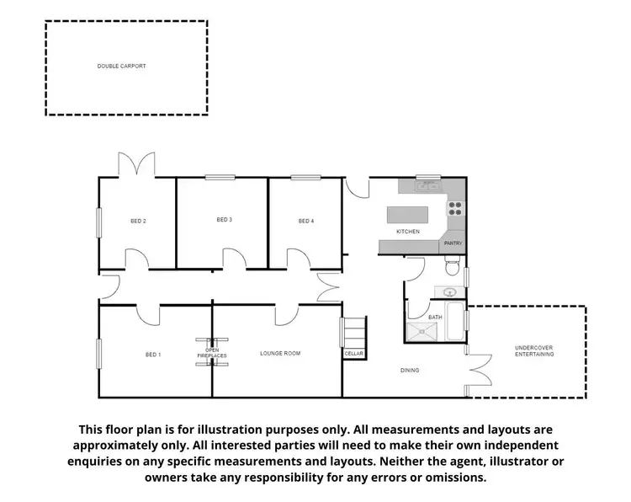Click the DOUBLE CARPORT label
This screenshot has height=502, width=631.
(x=121, y=66)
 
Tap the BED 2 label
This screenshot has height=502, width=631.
(x=138, y=221)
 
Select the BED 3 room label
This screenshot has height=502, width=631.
(x=224, y=220)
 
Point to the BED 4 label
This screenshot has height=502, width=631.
(x=306, y=221)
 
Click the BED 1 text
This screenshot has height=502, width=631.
(x=153, y=355)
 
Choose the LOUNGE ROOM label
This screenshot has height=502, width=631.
(x=280, y=353)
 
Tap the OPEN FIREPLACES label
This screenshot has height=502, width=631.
(x=212, y=352)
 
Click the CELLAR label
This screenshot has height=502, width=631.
(x=353, y=354)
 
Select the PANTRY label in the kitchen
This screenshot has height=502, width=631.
(x=453, y=243)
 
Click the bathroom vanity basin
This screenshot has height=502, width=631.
(x=449, y=292)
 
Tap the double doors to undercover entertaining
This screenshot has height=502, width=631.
(x=477, y=368)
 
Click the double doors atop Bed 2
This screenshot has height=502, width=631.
(x=136, y=164)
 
